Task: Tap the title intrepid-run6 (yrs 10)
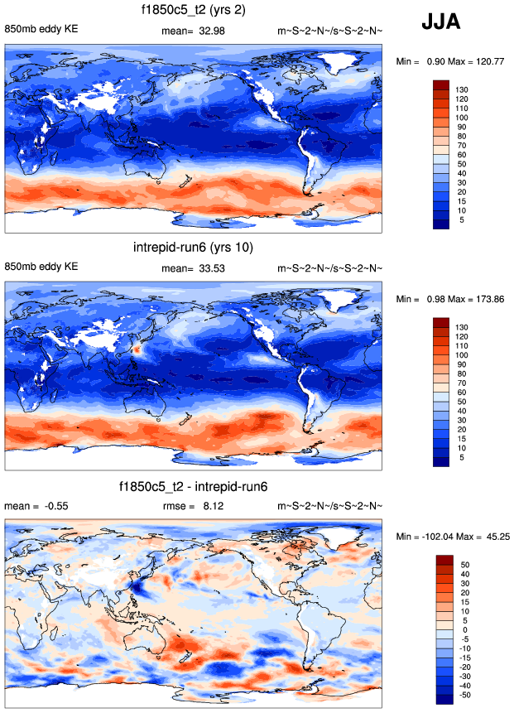tap(193, 248)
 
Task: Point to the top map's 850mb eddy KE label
tap(41, 31)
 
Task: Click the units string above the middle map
tap(329, 268)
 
